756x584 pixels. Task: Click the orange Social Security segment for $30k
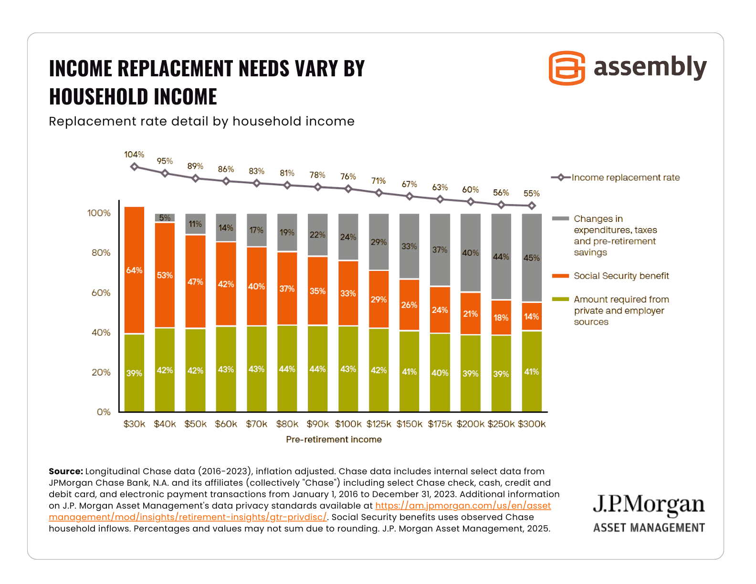click(x=134, y=270)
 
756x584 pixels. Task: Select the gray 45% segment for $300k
click(x=532, y=258)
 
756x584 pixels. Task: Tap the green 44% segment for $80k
click(x=287, y=369)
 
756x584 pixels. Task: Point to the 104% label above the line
click(x=134, y=155)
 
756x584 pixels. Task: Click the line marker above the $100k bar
click(x=348, y=189)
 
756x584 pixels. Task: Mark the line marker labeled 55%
click(x=532, y=206)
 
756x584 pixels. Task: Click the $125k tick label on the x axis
click(x=378, y=424)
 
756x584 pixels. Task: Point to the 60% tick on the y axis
click(x=101, y=293)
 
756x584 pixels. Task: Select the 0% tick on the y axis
click(x=104, y=412)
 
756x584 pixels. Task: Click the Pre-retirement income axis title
click(x=334, y=439)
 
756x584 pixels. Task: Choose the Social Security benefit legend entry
click(x=621, y=276)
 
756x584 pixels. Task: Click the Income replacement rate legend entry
click(x=625, y=177)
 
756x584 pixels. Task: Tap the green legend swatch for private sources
click(x=560, y=300)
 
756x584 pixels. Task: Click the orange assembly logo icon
click(x=567, y=68)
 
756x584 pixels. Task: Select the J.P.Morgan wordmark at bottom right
click(x=649, y=505)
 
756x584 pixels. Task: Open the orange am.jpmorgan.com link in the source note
click(x=462, y=506)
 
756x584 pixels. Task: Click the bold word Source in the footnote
click(x=66, y=471)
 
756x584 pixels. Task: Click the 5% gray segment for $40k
click(x=165, y=218)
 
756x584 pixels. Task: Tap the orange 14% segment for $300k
click(x=532, y=316)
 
